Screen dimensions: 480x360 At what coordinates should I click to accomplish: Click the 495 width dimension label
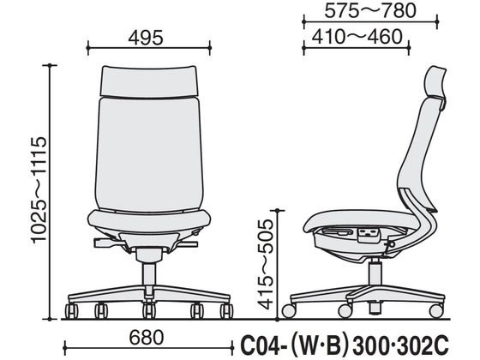coord(146,38)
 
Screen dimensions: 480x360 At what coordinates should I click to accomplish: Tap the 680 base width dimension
coord(147,338)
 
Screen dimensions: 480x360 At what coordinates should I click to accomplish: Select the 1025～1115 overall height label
coord(39,190)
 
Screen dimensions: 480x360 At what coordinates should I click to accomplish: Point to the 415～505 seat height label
coord(265,264)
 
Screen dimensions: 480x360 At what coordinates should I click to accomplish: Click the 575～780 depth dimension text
coord(370,10)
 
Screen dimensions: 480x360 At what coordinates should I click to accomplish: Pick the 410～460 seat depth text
coord(357,37)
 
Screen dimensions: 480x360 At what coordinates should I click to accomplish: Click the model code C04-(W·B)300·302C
coord(345,344)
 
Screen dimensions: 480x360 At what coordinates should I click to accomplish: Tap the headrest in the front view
coord(149,81)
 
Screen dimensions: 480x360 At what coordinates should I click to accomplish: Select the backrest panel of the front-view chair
coord(149,153)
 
